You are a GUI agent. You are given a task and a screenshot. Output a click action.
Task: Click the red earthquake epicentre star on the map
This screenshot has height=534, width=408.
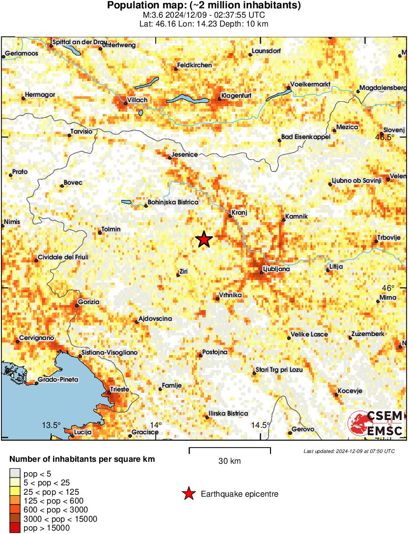coord(204,239)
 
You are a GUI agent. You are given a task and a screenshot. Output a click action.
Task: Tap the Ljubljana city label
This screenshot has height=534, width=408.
coord(276,269)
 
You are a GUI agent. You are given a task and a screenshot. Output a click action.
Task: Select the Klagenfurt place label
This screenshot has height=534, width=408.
coord(236,95)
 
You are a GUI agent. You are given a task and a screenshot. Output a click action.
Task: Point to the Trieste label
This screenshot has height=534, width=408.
coord(119,390)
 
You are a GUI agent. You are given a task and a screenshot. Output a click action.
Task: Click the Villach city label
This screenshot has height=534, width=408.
coord(137,100)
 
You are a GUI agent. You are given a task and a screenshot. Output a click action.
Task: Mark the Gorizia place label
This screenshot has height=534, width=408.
coord(88,302)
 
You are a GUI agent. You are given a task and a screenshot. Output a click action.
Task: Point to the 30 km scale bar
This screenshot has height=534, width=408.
coord(230,449)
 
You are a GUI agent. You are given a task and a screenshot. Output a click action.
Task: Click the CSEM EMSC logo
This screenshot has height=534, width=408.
coord(376,424)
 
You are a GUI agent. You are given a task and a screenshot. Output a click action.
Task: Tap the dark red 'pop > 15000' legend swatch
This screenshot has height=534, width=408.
coord(15,529)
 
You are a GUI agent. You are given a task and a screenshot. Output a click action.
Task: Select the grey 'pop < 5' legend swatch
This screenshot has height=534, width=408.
coord(15,474)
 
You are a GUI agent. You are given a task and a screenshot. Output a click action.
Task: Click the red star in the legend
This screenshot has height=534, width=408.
coord(188,494)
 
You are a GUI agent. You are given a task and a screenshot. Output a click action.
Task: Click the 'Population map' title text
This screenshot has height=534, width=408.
coord(204,6)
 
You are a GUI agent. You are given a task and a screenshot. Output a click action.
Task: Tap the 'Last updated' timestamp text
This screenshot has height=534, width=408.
coord(349,451)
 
